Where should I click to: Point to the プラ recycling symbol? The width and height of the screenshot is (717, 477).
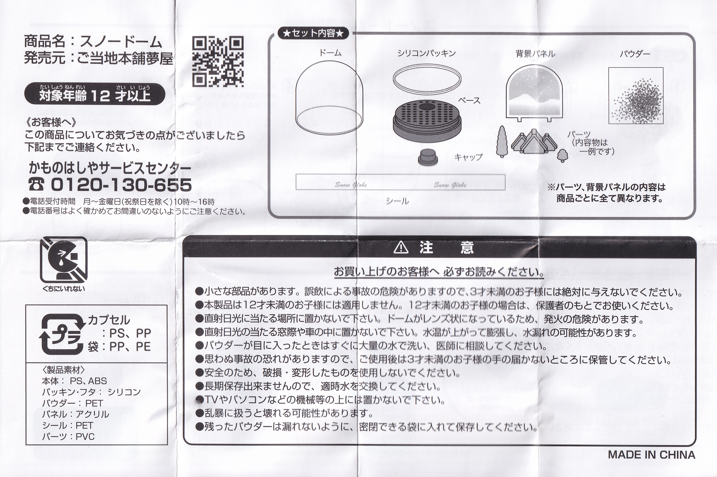point(61,333)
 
